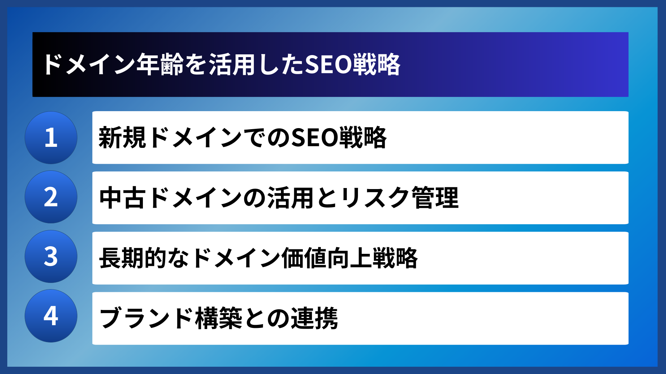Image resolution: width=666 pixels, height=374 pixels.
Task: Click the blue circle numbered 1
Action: (51, 137)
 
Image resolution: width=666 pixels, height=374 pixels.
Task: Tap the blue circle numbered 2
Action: (51, 197)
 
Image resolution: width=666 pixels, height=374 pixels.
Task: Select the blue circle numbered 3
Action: (51, 257)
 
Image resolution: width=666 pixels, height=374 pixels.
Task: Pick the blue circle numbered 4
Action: (51, 316)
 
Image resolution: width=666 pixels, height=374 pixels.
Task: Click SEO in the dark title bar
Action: (328, 65)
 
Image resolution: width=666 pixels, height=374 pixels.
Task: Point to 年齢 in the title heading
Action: (160, 65)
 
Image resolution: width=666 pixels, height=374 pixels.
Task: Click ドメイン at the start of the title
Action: (89, 65)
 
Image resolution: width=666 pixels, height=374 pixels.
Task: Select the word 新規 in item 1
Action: (122, 138)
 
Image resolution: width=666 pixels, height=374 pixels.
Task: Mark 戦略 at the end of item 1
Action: (363, 138)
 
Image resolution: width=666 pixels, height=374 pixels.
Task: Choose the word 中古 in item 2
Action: (122, 198)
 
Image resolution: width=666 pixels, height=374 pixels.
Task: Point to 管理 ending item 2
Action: (435, 198)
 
